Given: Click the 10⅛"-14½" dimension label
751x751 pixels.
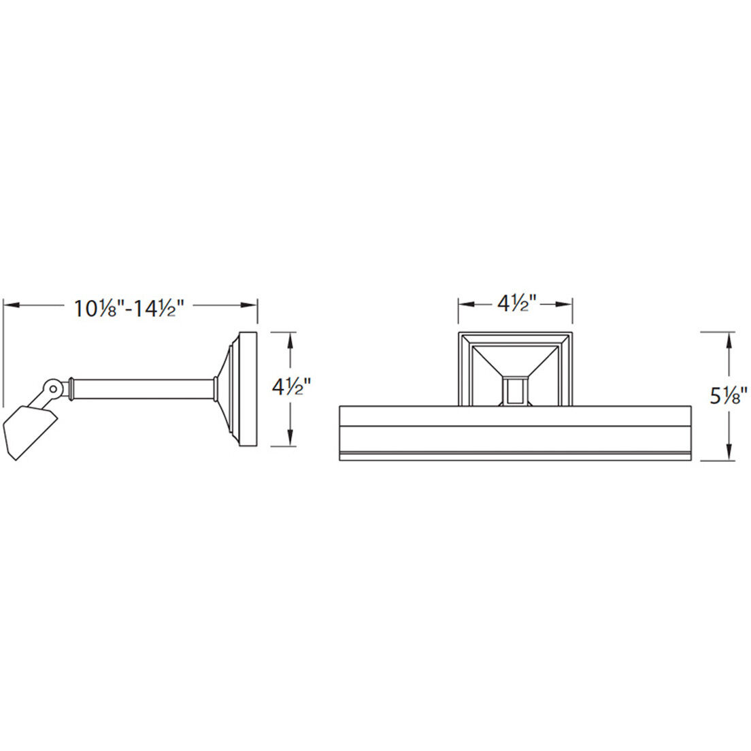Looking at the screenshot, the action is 129,308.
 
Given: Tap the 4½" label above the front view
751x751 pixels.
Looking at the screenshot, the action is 516,303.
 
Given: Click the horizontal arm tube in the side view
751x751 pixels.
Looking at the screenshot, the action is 143,389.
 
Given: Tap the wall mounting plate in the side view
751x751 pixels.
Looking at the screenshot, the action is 248,389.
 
